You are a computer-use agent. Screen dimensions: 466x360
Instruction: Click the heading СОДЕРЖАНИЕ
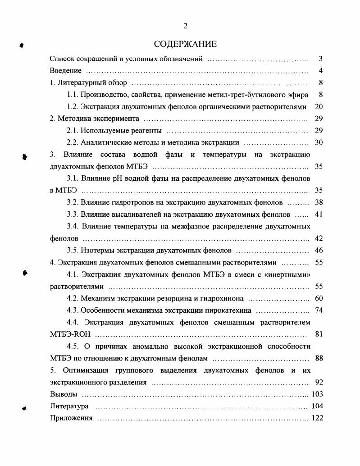[x=185, y=44]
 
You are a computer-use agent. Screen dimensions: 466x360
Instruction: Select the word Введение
[x=65, y=71]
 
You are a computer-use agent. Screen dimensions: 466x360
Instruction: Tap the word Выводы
[x=62, y=394]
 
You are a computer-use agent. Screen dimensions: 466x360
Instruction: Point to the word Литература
[x=68, y=407]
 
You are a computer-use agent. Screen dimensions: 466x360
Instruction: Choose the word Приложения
[x=71, y=418]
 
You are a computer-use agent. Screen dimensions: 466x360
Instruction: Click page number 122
[x=317, y=418]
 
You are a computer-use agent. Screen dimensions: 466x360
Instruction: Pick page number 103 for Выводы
[x=317, y=394]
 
